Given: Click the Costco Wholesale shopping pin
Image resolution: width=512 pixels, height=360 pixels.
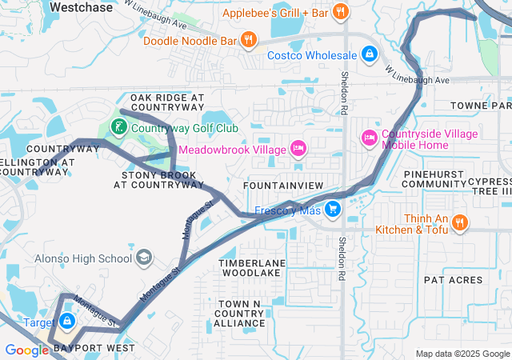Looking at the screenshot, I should [370, 54].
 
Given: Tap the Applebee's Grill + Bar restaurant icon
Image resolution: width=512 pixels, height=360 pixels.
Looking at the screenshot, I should [341, 12].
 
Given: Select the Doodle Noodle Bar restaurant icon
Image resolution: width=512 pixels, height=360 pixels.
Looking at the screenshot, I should [249, 38].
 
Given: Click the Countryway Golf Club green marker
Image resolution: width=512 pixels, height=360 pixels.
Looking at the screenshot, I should [118, 127].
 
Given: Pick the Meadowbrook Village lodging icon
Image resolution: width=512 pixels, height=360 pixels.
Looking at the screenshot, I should [298, 149].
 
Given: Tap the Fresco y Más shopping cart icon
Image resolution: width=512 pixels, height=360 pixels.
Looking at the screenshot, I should [331, 210].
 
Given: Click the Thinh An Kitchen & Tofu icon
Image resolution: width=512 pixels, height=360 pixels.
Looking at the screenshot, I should [459, 222].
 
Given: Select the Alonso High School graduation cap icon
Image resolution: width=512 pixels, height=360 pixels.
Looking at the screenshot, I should [144, 258].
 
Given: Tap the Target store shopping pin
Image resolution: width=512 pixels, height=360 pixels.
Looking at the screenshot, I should [68, 322].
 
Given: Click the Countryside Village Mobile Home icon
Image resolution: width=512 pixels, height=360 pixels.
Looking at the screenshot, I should [369, 138].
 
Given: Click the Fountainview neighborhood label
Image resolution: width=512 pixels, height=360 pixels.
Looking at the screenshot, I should [283, 186].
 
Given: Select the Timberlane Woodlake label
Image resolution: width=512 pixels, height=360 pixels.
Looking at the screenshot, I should [250, 267].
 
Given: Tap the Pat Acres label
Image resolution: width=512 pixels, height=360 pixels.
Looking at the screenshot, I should [454, 280].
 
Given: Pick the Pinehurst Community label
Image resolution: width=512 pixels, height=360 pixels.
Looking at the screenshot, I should [434, 178].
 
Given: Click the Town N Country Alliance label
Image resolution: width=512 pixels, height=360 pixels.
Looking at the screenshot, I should [239, 313].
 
